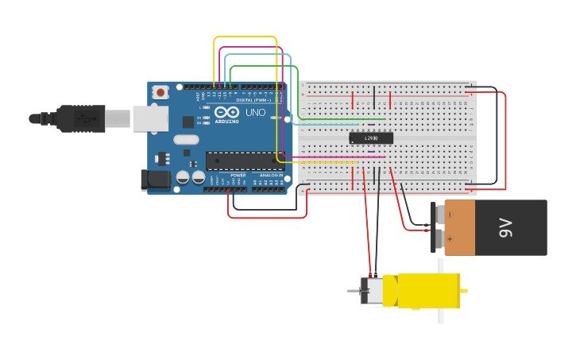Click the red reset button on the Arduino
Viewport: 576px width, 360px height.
pos(161,92)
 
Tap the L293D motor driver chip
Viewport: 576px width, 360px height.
pos(371,138)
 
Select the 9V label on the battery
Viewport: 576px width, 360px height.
pos(505,228)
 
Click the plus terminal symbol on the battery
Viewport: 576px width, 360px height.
pos(450,238)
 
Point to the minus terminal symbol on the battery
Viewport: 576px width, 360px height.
pos(450,215)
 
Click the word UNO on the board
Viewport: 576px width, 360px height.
pos(256,113)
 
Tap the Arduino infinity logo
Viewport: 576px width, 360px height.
pos(225,112)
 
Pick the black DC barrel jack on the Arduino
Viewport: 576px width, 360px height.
pos(157,180)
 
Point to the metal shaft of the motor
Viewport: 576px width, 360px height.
pos(354,291)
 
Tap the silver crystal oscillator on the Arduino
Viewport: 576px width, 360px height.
pos(185,140)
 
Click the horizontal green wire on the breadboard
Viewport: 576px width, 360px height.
pos(342,119)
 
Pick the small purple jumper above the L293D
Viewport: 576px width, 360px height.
pos(371,125)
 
